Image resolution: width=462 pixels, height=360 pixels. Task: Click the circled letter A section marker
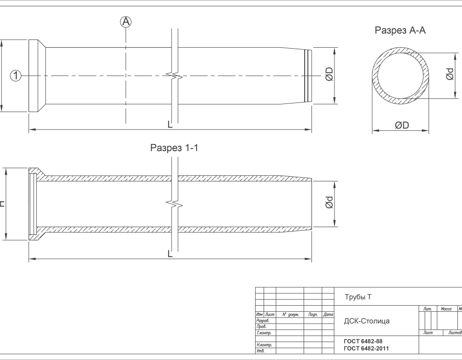pos(126,21)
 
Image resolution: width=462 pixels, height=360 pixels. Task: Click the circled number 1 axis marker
pos(16,75)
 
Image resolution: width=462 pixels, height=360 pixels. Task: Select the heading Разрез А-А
pos(400,31)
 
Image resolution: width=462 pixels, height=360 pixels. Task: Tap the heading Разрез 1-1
pos(174,148)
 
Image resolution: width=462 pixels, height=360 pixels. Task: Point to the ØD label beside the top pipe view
pos(329,74)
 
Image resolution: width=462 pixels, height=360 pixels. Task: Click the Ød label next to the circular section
pos(450,74)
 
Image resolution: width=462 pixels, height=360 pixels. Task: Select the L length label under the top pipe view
pos(170,125)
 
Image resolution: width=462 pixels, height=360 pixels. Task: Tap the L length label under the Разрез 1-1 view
pos(170,254)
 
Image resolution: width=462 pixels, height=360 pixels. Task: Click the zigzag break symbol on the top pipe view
pos(174,75)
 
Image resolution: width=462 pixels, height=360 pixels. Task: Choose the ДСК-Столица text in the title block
pos(367,321)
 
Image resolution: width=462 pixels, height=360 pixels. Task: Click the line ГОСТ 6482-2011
pos(366,348)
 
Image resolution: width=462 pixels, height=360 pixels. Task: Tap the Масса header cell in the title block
pos(446,309)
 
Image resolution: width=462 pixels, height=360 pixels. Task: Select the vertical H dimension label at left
pos(3,204)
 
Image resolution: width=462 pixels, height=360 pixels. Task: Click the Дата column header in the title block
pos(328,314)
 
